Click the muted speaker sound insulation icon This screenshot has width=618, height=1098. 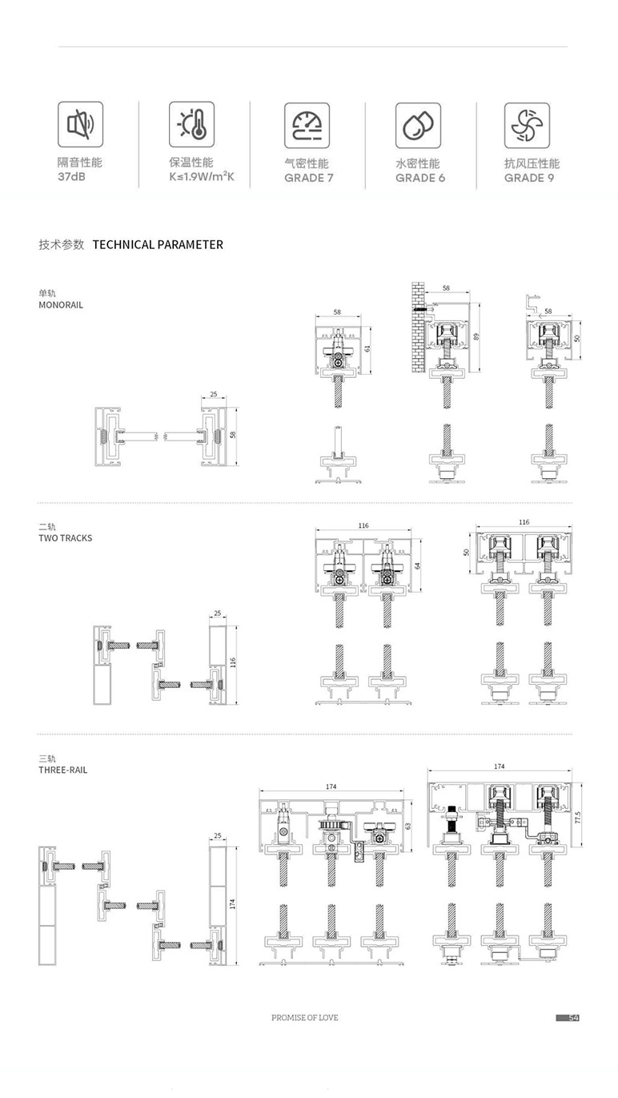[80, 124]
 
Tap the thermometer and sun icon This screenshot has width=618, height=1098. [191, 124]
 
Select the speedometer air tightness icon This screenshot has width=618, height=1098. [307, 126]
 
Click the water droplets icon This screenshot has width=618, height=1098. [418, 126]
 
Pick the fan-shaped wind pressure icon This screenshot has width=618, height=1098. [527, 126]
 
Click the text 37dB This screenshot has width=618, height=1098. [71, 176]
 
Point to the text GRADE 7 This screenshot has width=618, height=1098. [309, 178]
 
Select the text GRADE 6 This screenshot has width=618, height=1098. [420, 178]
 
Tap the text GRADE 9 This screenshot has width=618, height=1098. [529, 178]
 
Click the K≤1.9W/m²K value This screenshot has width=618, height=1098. [202, 176]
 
